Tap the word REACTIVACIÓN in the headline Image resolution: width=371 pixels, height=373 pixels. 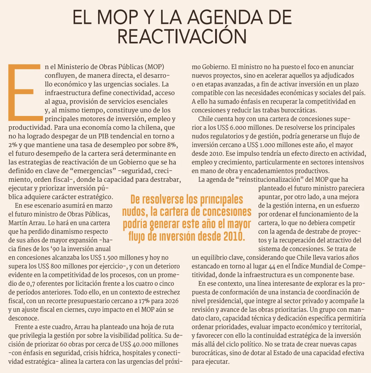pos(182,36)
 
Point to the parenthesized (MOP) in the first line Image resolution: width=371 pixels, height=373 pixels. pos(154,67)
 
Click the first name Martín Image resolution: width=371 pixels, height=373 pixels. pos(18,223)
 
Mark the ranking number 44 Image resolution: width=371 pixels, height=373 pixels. pos(272,266)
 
